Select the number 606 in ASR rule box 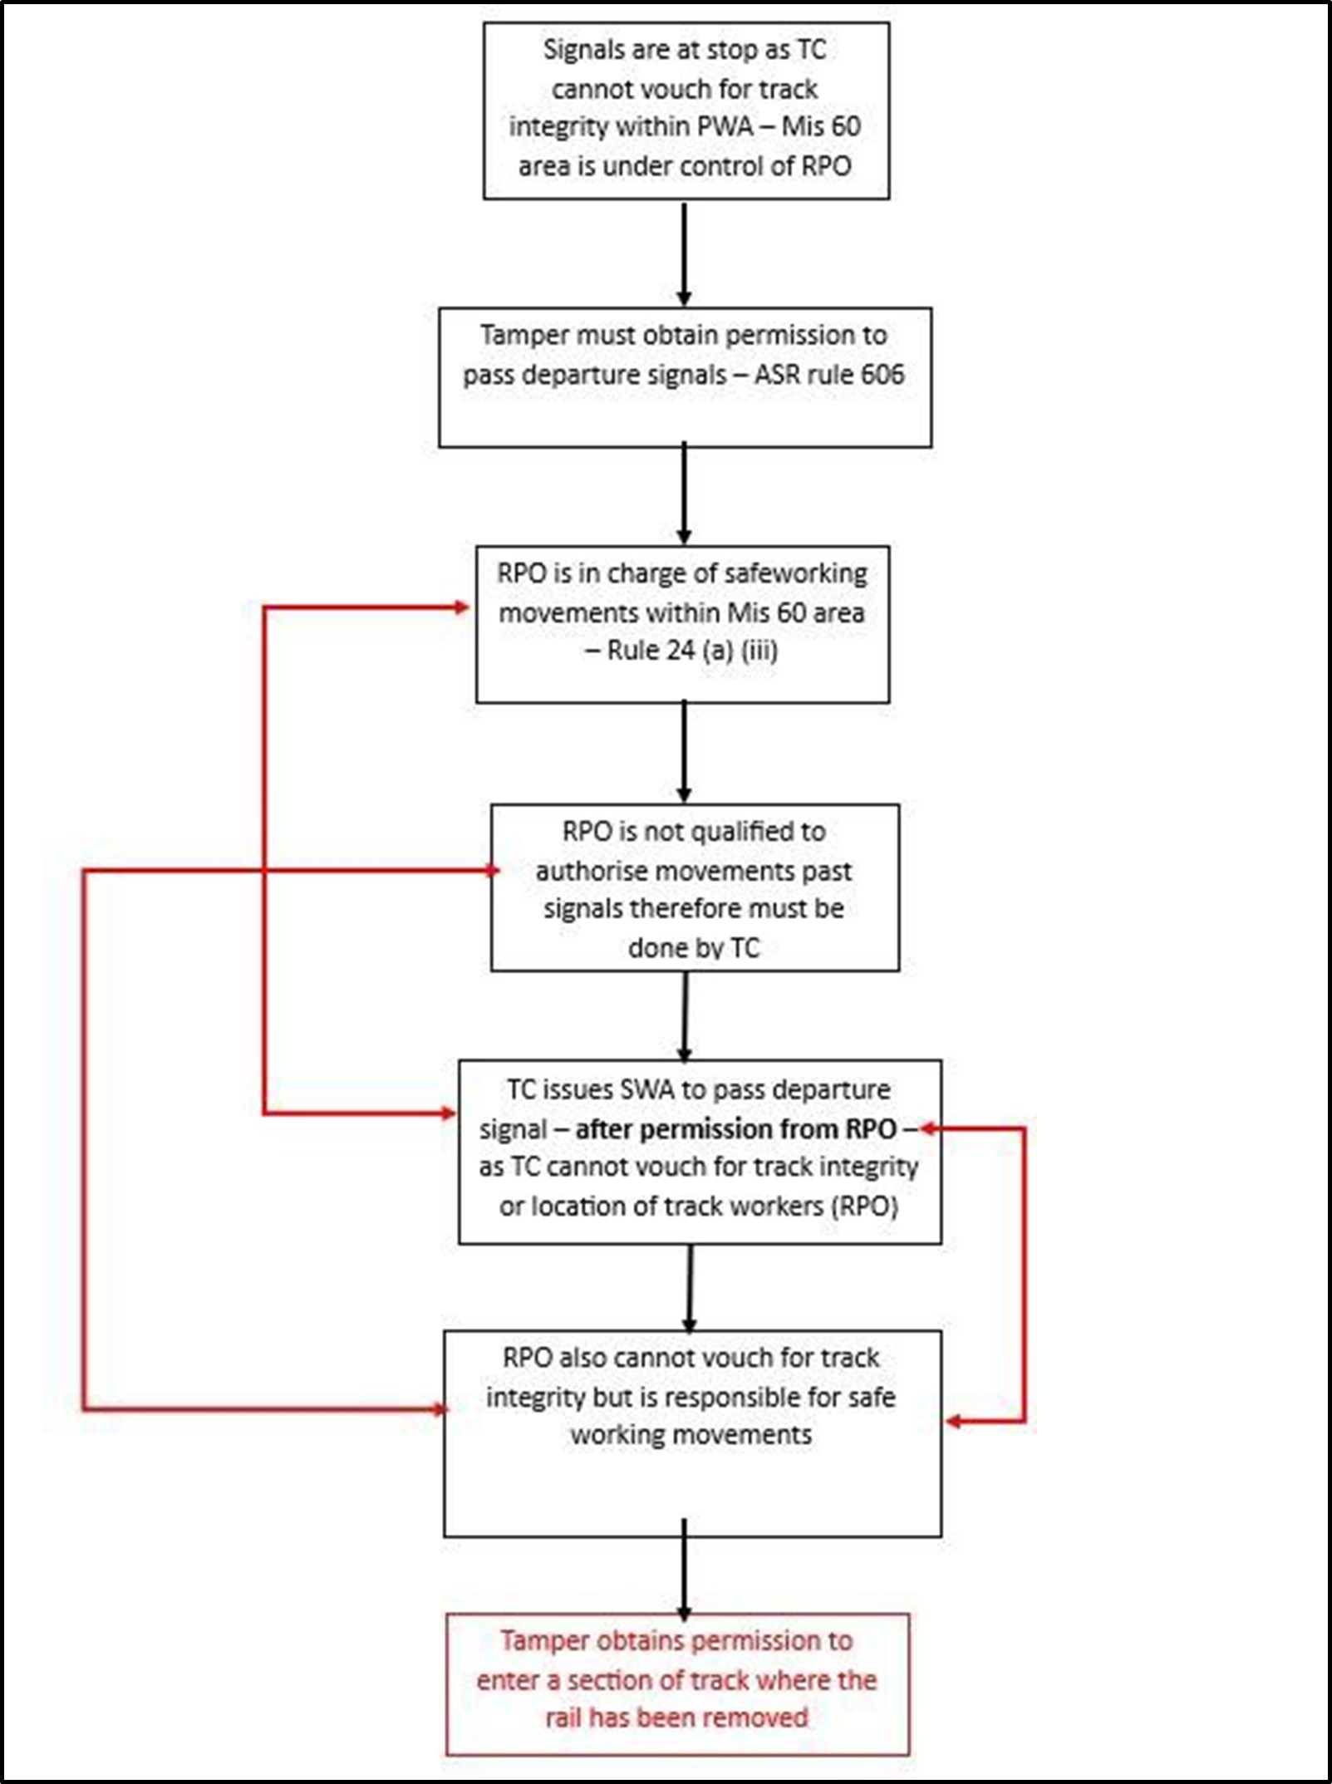coord(882,374)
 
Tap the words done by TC coord(694,947)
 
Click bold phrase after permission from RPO coord(735,1128)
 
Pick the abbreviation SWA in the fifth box coord(648,1089)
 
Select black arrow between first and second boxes coord(684,253)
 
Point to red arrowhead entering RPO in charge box coord(462,607)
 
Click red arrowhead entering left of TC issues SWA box coord(449,1113)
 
